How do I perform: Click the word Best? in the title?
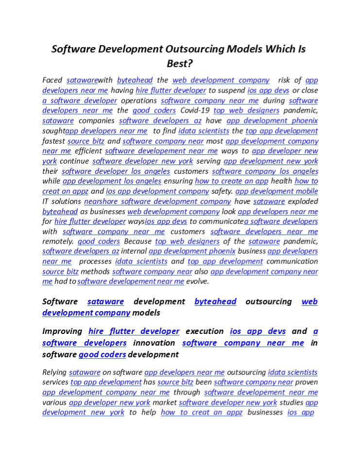coord(180,63)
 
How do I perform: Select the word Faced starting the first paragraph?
coord(52,80)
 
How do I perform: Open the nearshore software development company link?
coord(157,201)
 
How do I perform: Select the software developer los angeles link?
coord(116,171)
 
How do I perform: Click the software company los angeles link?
coord(265,171)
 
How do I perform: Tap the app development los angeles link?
coord(112,181)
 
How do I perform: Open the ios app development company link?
coord(157,191)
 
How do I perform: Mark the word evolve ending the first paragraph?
coord(197,282)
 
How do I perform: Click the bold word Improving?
coord(62,332)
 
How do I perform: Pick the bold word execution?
coord(205,332)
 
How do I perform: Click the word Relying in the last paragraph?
coord(54,373)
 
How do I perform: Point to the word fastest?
coord(53,141)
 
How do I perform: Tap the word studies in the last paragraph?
coord(291,402)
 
